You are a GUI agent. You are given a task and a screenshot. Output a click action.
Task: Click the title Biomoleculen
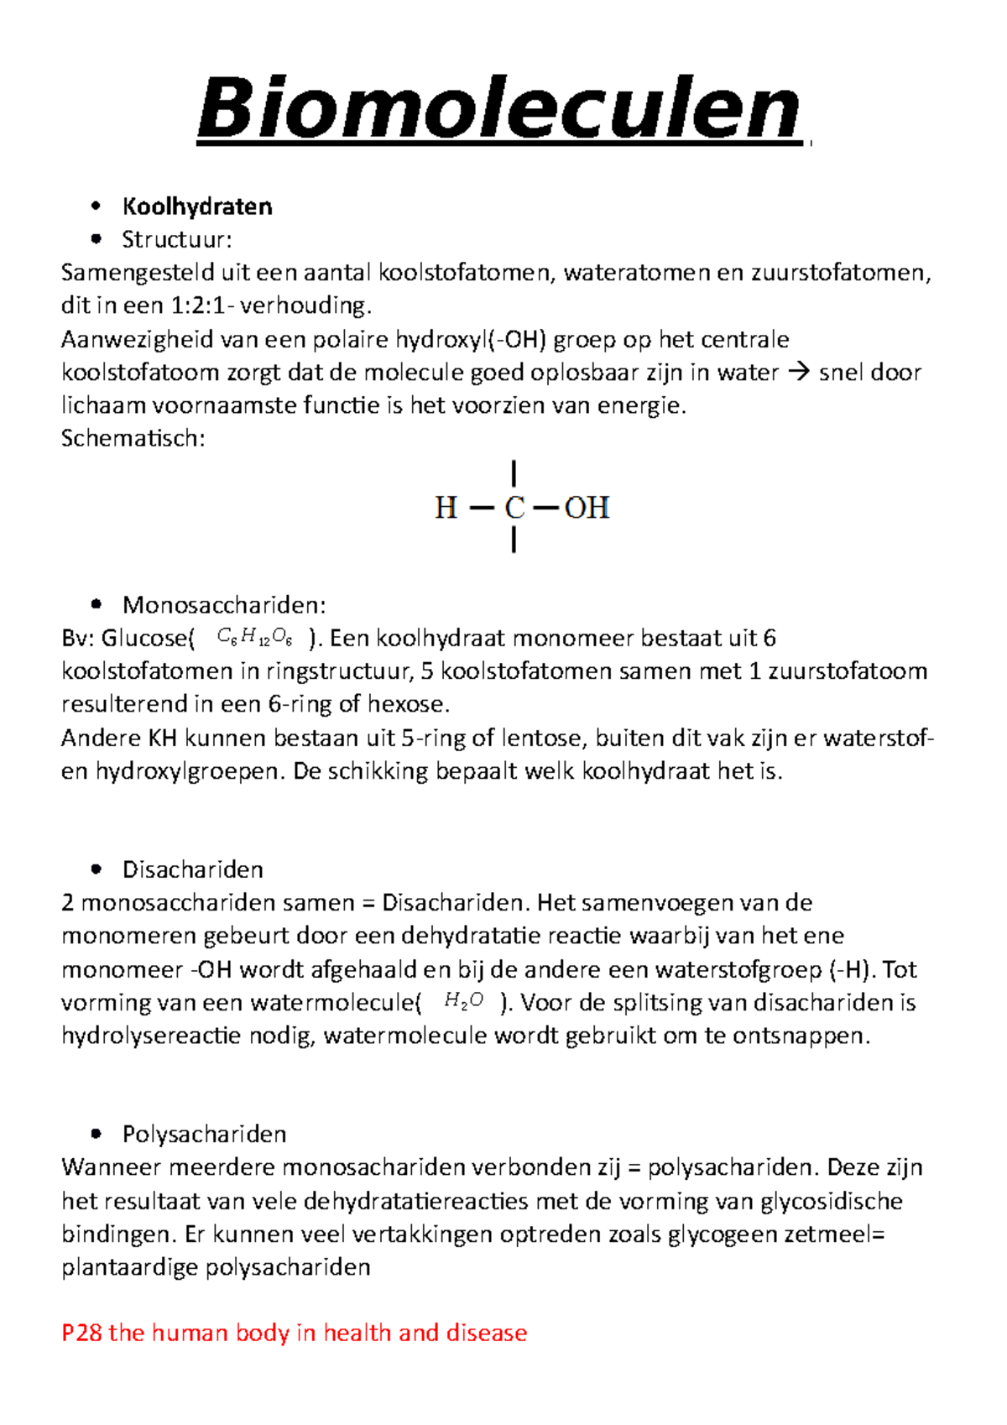498,109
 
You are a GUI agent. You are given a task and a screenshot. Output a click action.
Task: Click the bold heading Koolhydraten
197,206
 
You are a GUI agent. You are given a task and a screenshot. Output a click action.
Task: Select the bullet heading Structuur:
176,240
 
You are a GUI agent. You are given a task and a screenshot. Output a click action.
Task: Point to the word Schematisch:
133,438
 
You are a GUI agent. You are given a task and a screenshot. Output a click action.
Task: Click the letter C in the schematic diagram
514,508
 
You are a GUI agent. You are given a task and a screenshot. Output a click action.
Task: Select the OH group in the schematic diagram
587,508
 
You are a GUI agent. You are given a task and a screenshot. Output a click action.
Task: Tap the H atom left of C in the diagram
446,508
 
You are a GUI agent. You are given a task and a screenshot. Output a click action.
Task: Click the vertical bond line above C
514,474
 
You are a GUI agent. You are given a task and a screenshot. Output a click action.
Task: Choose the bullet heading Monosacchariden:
223,605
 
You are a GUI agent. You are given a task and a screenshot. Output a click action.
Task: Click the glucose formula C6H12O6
254,639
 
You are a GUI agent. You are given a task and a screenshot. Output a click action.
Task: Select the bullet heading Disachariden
192,869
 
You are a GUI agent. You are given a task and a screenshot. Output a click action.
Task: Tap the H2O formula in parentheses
463,1000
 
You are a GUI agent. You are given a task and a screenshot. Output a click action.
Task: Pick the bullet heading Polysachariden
204,1135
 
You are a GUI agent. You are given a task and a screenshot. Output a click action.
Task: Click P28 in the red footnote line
81,1333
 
